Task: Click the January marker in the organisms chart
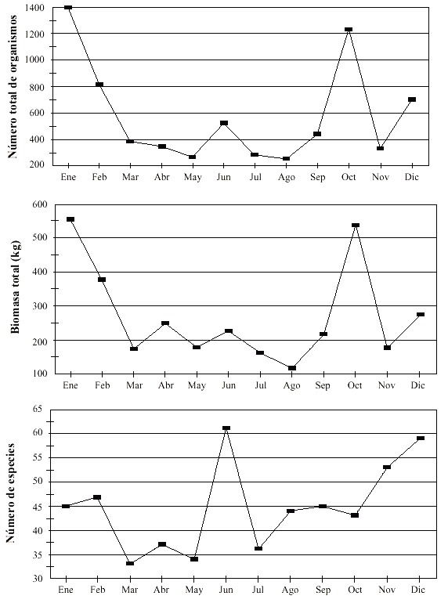(x=68, y=7)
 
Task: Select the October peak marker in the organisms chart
(x=349, y=30)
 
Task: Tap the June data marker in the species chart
(x=226, y=428)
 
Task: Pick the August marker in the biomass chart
(x=292, y=368)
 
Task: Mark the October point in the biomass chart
(x=356, y=225)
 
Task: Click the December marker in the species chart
(x=421, y=438)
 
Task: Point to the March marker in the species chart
(x=130, y=563)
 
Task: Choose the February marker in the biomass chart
(x=102, y=280)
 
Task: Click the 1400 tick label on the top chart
(x=34, y=8)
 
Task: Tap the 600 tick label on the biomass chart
(x=40, y=204)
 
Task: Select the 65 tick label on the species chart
(x=38, y=409)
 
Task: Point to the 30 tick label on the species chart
(x=38, y=579)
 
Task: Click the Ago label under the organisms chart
(x=286, y=177)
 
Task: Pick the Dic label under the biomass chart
(x=417, y=385)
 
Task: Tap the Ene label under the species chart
(x=65, y=590)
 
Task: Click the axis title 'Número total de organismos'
(x=13, y=86)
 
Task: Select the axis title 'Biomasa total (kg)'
(x=15, y=287)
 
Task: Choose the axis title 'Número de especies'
(x=10, y=493)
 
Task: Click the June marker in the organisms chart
(x=224, y=123)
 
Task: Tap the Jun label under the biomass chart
(x=229, y=385)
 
